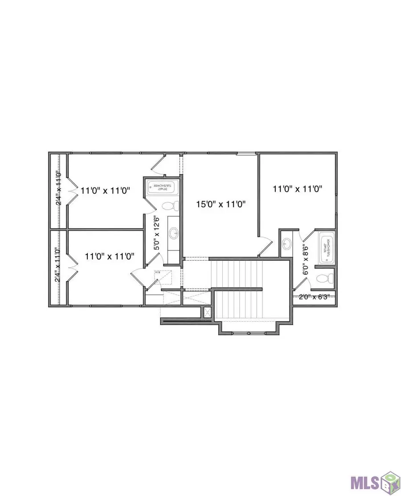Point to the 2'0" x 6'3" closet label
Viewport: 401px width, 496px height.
tap(314, 297)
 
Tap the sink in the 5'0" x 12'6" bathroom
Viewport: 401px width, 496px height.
tap(173, 233)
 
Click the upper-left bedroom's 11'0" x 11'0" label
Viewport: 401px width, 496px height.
tap(105, 190)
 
